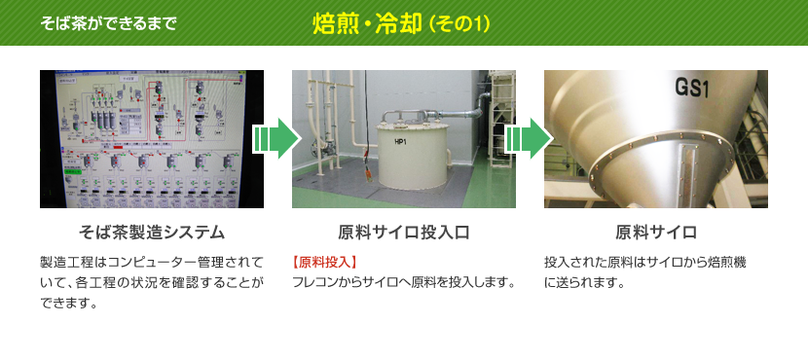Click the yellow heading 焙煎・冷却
click(366, 24)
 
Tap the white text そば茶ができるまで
click(108, 23)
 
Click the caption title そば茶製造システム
click(152, 233)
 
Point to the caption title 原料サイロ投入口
click(404, 233)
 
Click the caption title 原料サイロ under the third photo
click(656, 233)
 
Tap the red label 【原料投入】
click(324, 263)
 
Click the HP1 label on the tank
click(401, 142)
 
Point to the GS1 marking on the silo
click(692, 89)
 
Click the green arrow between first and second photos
click(277, 138)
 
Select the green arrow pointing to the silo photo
click(530, 138)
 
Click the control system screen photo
click(152, 139)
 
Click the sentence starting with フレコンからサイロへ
click(404, 282)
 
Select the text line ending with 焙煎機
click(645, 263)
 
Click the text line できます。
click(69, 303)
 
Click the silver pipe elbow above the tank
click(480, 102)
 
